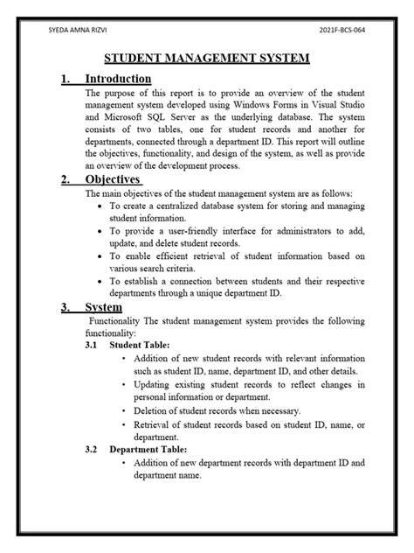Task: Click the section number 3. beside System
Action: click(x=66, y=308)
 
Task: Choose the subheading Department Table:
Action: click(x=151, y=450)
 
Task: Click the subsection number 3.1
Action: click(x=92, y=346)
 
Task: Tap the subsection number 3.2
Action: click(x=92, y=450)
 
